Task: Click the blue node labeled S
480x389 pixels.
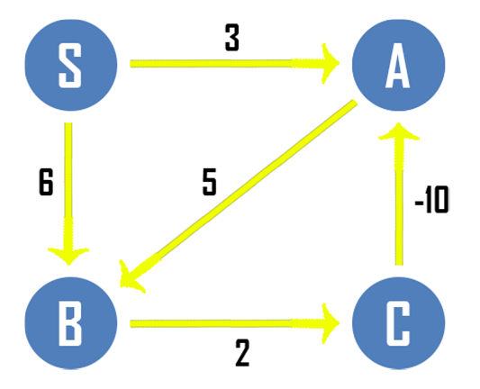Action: pyautogui.click(x=71, y=65)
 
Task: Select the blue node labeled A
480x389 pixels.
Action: pyautogui.click(x=399, y=65)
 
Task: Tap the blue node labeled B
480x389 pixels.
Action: pyautogui.click(x=71, y=323)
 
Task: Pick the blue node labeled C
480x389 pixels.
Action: pyautogui.click(x=399, y=323)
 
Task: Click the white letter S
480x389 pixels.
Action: pyautogui.click(x=70, y=65)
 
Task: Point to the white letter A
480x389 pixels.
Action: pyautogui.click(x=398, y=65)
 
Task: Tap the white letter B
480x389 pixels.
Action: pyautogui.click(x=70, y=323)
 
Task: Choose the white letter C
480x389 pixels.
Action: pyautogui.click(x=398, y=323)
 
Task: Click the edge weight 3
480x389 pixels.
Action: pyautogui.click(x=232, y=38)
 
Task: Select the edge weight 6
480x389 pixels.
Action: pyautogui.click(x=46, y=182)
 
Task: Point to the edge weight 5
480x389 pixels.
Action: pyautogui.click(x=210, y=182)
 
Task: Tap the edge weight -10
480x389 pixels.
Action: pyautogui.click(x=432, y=200)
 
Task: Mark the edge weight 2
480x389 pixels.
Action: pyautogui.click(x=242, y=353)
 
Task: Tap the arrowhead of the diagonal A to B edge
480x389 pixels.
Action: pyautogui.click(x=131, y=276)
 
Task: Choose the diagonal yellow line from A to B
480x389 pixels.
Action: pyautogui.click(x=239, y=194)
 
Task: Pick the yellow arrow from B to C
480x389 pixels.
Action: pyautogui.click(x=235, y=323)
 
